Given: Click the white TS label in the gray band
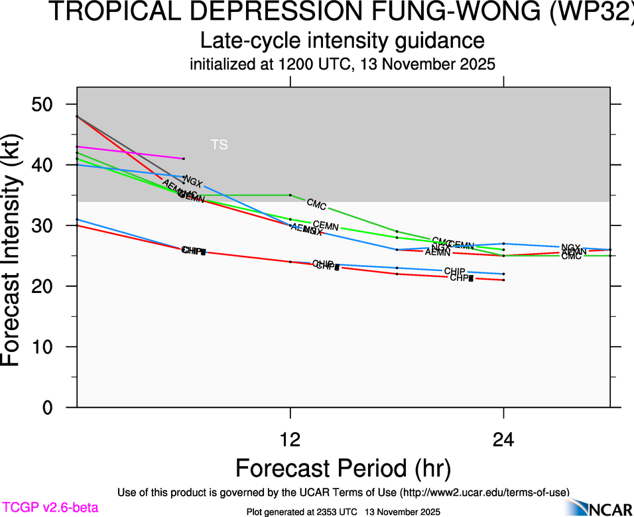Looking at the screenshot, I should point(219,144).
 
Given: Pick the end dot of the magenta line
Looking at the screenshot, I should point(184,158).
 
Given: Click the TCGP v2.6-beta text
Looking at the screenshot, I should point(50,508).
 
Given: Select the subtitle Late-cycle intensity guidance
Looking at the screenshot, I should point(343,41).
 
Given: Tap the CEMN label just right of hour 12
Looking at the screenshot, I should point(326,226).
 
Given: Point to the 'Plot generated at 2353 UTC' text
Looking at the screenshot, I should point(302,512).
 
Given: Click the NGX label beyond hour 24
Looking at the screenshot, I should point(570,248).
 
